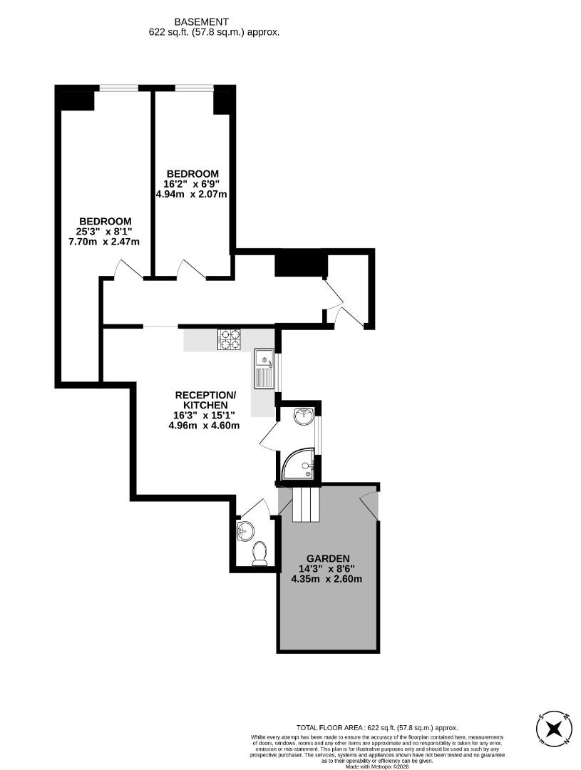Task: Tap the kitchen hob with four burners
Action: coord(229,339)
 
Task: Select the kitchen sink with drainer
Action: coord(264,370)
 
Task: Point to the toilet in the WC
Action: coord(260,553)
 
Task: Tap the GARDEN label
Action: coord(327,558)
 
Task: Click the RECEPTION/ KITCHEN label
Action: coord(204,400)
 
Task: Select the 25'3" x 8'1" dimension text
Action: coord(105,231)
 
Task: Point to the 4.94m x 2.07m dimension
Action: coord(192,194)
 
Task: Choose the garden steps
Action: coord(303,503)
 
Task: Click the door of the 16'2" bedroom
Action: coord(191,270)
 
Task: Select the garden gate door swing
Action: coord(369,504)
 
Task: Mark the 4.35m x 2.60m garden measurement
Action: coord(327,579)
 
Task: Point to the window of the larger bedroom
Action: coord(118,88)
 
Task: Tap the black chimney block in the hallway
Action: coord(300,265)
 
